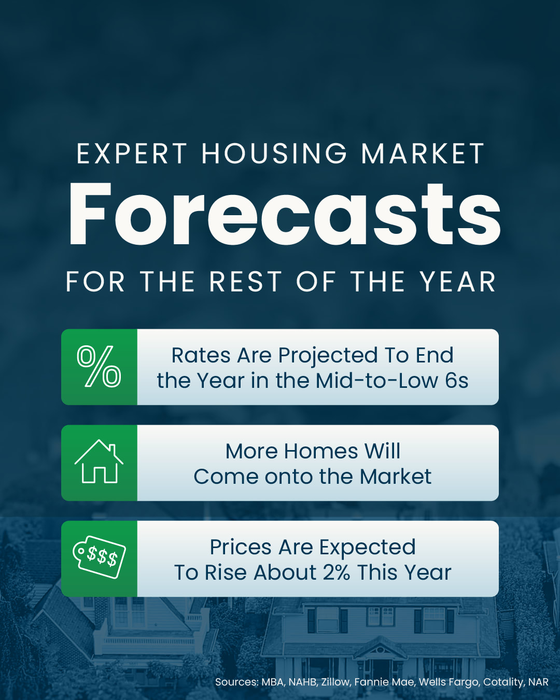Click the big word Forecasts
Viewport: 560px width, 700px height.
tap(284, 214)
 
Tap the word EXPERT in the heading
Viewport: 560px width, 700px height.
tap(132, 153)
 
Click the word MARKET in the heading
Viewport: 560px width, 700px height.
tap(423, 153)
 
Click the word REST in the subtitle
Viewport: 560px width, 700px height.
tap(245, 282)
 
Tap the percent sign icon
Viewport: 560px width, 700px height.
tap(99, 366)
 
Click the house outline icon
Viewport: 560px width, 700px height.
tap(99, 461)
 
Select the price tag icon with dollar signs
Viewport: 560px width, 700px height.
tap(99, 557)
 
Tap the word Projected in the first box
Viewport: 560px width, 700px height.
tap(327, 356)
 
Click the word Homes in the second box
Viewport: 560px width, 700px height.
tap(321, 452)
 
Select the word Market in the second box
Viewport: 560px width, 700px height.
tap(395, 477)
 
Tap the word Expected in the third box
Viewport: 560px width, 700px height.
tap(367, 548)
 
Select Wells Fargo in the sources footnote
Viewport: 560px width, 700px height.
tap(449, 682)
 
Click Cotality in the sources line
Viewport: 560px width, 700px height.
tap(503, 682)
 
